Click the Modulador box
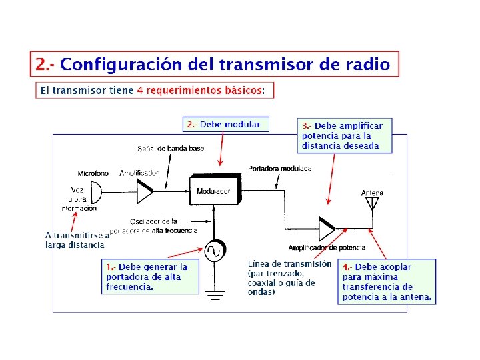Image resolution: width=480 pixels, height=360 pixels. coord(214,191)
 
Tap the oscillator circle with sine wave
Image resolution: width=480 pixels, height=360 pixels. coord(214,251)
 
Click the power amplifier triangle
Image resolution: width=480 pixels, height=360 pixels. coord(327,228)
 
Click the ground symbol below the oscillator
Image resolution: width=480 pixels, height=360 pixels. coord(214,294)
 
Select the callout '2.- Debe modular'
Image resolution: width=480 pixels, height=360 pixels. coord(226,125)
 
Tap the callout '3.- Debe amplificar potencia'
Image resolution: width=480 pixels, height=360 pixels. coord(345,135)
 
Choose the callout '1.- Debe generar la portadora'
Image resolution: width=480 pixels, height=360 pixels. coord(151,277)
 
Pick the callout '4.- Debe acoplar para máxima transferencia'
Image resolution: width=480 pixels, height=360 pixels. coord(387,282)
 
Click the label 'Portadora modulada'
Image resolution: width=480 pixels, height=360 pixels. coord(279,169)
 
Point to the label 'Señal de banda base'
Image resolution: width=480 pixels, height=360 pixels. coord(171,148)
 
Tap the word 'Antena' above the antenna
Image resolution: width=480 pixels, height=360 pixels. coord(373,193)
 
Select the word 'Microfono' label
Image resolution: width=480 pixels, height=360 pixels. coord(93,173)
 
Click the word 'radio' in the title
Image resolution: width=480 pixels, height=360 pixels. coord(367,64)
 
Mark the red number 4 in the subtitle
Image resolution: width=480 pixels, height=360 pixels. coord(139,90)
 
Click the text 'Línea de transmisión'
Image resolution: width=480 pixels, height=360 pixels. coord(289,264)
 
